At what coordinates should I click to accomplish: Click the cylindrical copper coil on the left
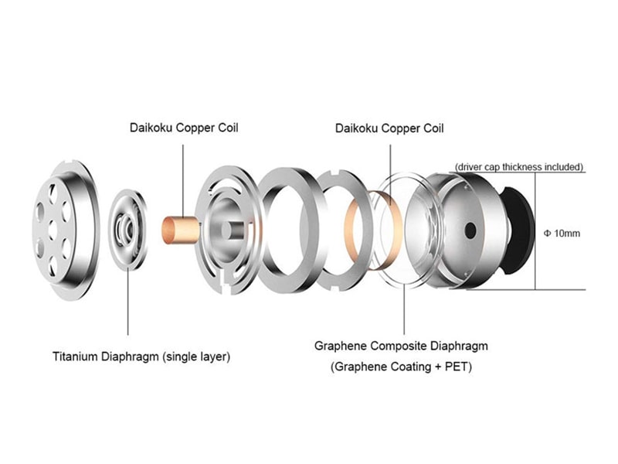click(x=180, y=230)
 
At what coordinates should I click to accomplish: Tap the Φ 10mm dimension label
click(x=562, y=234)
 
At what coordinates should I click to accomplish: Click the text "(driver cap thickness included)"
click(x=518, y=167)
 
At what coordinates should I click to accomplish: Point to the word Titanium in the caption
click(x=75, y=357)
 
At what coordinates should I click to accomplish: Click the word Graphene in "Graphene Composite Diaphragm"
click(x=341, y=346)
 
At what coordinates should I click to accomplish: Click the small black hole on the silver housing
click(x=470, y=230)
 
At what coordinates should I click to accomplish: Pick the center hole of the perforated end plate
click(x=53, y=230)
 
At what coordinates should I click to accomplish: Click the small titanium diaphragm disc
click(x=127, y=230)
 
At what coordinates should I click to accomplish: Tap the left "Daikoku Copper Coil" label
click(x=184, y=128)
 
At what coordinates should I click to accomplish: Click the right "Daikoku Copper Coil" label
click(x=389, y=128)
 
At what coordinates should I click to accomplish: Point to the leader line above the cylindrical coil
click(x=183, y=180)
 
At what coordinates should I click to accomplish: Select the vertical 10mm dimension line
click(x=535, y=231)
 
